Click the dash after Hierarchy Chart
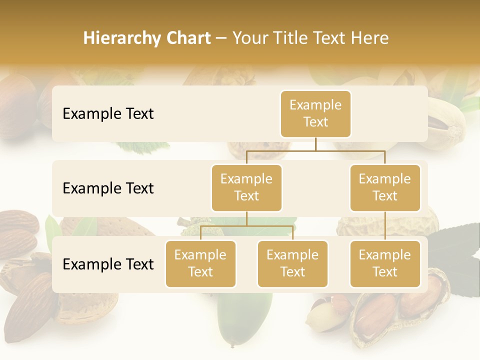point(221,38)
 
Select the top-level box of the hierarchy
point(315,113)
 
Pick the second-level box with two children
point(246,187)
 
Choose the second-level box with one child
point(385,187)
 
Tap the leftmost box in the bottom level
point(200,263)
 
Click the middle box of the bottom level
point(292,263)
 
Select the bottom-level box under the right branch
point(385,263)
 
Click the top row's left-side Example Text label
point(108,113)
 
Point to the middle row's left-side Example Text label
point(108,188)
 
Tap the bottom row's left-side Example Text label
point(108,264)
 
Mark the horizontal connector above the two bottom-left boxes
point(246,226)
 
